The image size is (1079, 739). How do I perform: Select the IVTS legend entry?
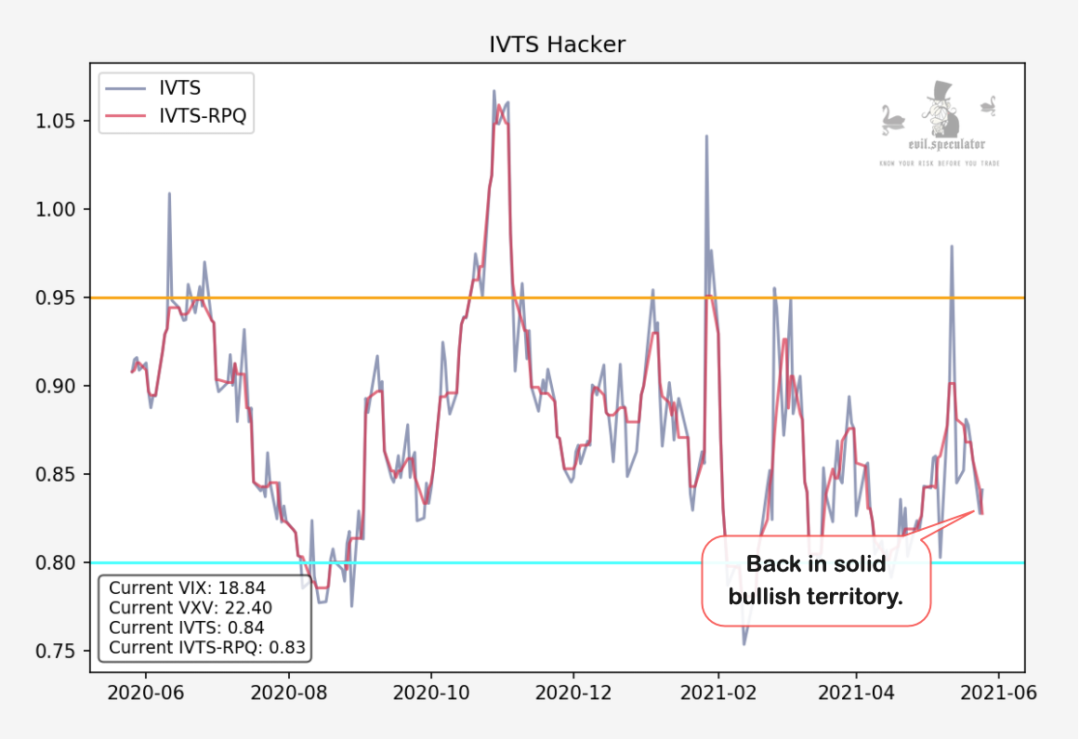179,89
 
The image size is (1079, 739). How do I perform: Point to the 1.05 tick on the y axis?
59,121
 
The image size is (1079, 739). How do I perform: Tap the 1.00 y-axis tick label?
59,209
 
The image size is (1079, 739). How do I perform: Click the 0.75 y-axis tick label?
59,651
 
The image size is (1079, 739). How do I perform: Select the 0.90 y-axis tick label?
59,386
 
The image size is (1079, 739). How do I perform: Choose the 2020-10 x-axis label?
429,693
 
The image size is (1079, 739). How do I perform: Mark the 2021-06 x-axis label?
998,693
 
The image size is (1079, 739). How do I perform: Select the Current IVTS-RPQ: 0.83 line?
207,648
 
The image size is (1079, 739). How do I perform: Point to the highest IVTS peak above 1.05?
493,91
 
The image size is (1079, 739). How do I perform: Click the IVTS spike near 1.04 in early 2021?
706,137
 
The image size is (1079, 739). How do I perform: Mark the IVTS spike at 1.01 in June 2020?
169,194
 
